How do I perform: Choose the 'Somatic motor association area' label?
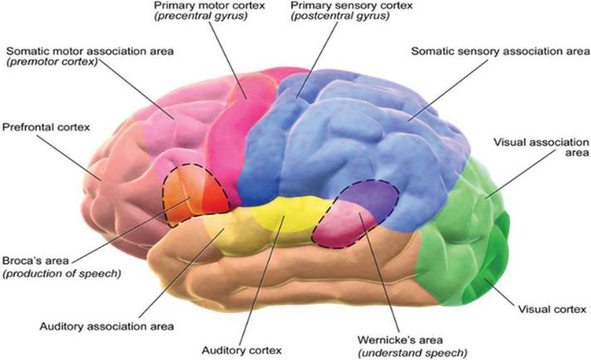pyautogui.click(x=89, y=52)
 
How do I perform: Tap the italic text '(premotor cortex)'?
pyautogui.click(x=52, y=64)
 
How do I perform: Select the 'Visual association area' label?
pyautogui.click(x=537, y=147)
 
